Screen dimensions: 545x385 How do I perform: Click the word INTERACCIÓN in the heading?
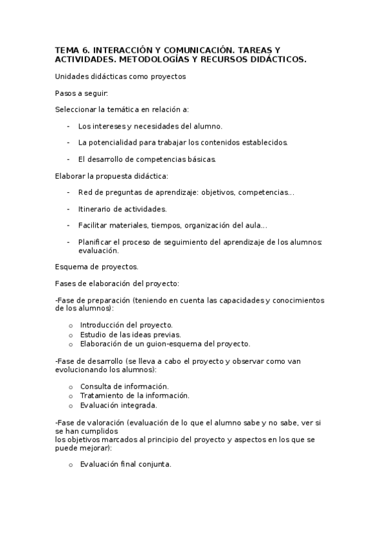click(x=122, y=49)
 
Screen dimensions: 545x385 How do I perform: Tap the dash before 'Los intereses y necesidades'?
click(x=68, y=126)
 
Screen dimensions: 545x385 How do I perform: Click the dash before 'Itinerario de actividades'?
click(x=68, y=209)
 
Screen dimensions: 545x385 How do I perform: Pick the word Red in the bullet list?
click(x=85, y=192)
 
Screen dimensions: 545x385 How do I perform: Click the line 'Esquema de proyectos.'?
click(x=96, y=266)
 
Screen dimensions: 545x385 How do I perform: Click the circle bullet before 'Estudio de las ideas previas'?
click(x=71, y=334)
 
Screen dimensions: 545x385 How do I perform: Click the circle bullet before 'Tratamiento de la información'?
click(x=71, y=396)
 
